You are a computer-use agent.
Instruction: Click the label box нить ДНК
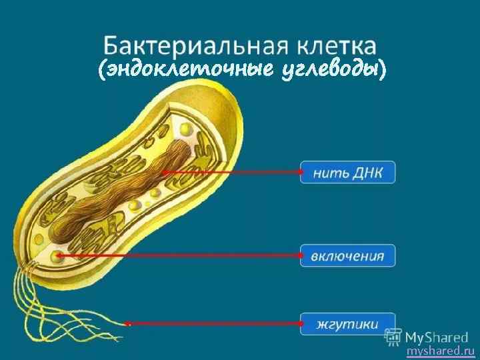[x=347, y=172]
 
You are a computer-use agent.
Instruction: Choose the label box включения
[x=347, y=255]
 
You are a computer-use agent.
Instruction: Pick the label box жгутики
[x=347, y=324]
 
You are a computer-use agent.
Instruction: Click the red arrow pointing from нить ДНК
[x=233, y=172]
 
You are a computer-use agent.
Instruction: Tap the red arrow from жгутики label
[x=213, y=324]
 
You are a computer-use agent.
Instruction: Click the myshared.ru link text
[x=440, y=351]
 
